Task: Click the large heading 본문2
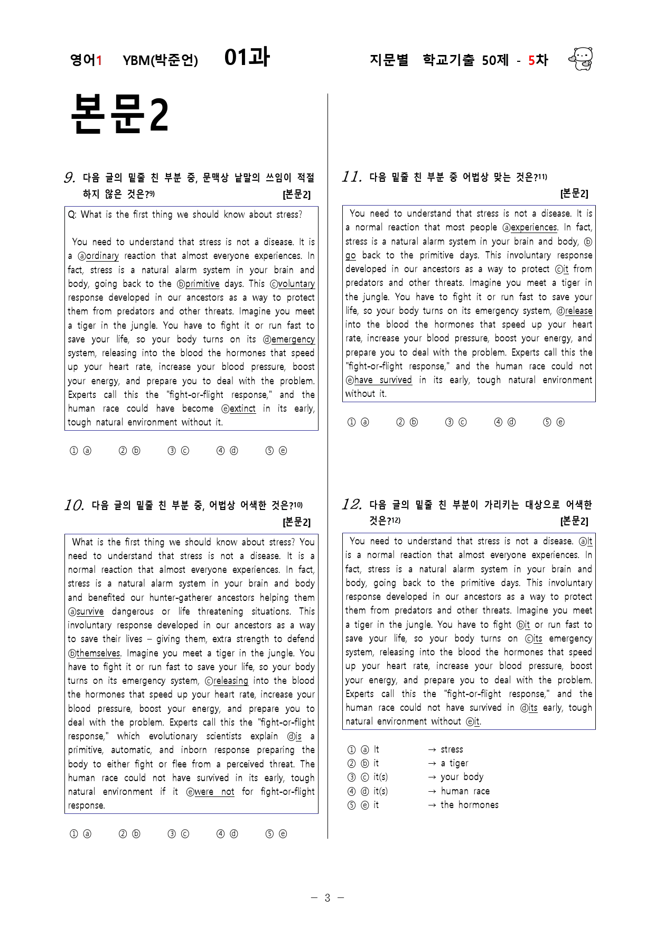[119, 114]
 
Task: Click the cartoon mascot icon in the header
[581, 59]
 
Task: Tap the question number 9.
[69, 178]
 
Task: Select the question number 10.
[74, 505]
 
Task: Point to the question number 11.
[351, 177]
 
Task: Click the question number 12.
[351, 504]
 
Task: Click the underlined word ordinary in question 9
[102, 256]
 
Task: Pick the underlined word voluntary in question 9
[296, 284]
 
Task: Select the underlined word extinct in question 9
[242, 409]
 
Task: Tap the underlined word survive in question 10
[90, 611]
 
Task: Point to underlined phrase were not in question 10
[214, 792]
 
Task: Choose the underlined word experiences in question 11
[534, 227]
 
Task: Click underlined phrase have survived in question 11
[382, 380]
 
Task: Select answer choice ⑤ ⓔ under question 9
[276, 451]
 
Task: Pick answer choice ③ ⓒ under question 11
[456, 422]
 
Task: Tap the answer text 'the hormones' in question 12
[469, 805]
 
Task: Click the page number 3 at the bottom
[327, 898]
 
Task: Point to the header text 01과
[247, 57]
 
